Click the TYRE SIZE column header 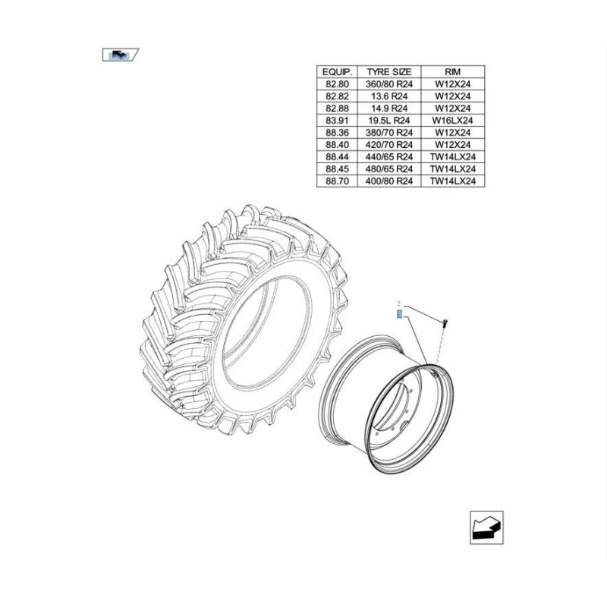coord(388,70)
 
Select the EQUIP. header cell coord(336,70)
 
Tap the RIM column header coord(451,70)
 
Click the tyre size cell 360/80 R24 coord(388,84)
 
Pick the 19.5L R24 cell coord(388,120)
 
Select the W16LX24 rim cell coord(451,120)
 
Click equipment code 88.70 coord(336,181)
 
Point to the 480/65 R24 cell coord(388,169)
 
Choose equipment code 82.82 coord(336,96)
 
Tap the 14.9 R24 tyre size coord(388,109)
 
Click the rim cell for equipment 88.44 coord(451,157)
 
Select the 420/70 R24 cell coord(388,145)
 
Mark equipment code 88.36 coord(336,133)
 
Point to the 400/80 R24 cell coord(388,181)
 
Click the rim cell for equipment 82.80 coord(451,84)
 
